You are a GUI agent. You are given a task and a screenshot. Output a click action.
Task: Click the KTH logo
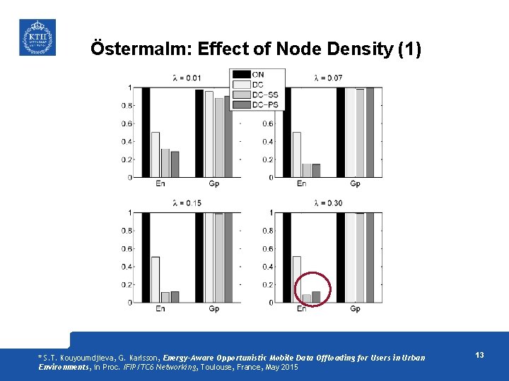pos(36,37)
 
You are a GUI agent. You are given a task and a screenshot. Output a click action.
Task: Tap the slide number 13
pos(479,355)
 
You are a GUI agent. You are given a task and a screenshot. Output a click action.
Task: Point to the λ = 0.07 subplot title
pos(328,77)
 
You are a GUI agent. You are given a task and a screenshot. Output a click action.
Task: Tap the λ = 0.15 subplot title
pos(187,203)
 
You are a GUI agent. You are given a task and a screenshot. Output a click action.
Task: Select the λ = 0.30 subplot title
pos(328,203)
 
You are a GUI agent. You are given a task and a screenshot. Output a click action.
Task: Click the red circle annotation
pos(311,289)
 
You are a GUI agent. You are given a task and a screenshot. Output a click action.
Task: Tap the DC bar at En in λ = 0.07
pos(297,155)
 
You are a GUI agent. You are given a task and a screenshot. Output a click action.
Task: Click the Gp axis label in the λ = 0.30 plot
pos(355,309)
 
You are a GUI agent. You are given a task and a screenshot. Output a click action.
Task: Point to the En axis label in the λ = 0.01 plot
pos(160,184)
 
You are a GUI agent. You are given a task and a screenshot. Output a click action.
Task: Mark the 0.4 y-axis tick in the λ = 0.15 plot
pos(125,267)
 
